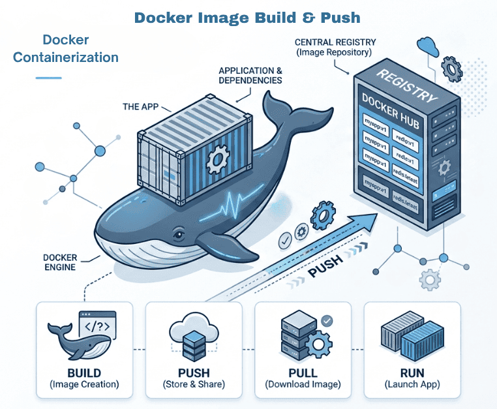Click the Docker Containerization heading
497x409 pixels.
(x=66, y=49)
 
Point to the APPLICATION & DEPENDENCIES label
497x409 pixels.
(x=250, y=75)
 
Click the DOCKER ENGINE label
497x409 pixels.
(x=61, y=262)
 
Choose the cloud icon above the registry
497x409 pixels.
(x=428, y=46)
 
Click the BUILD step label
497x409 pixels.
(x=84, y=373)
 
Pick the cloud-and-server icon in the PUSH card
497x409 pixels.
(x=193, y=335)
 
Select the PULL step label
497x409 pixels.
(x=303, y=373)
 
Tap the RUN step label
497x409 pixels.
(x=412, y=373)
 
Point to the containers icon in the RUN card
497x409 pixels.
(x=412, y=337)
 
